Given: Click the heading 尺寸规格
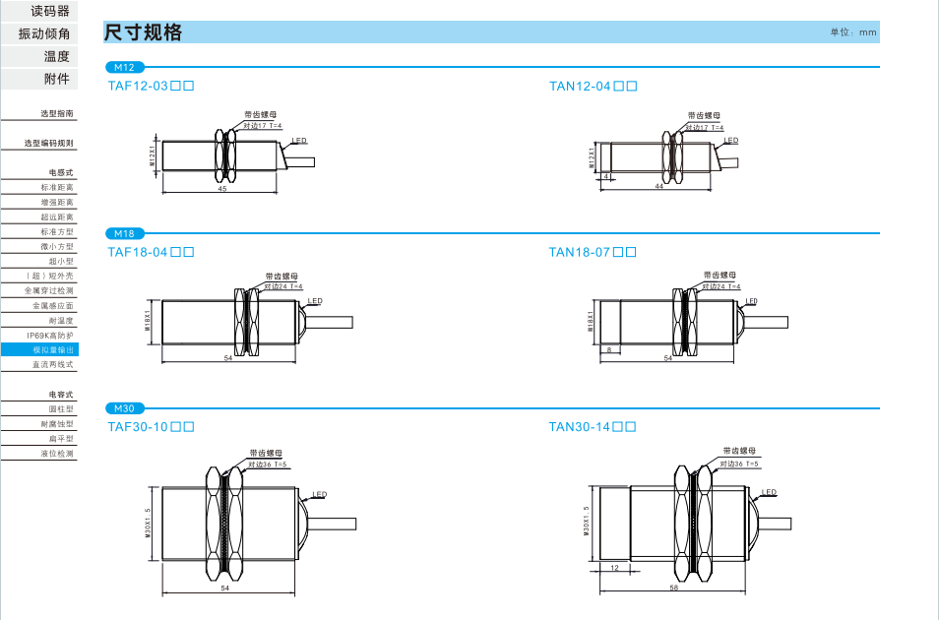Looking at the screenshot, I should [144, 32].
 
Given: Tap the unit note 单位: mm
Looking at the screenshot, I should [852, 32].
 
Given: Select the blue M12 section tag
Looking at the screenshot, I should [124, 67].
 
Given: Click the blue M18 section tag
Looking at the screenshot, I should [124, 233].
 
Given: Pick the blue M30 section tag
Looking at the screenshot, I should [124, 408].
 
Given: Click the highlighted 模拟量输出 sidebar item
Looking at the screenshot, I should [53, 349].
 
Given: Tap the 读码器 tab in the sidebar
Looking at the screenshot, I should [50, 11].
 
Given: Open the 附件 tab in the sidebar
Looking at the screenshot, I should [56, 79].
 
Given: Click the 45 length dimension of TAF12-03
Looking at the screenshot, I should [222, 188].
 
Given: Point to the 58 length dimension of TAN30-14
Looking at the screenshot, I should [673, 587].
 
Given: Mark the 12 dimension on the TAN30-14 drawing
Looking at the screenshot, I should [614, 569].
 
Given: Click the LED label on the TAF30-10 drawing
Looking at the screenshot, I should [320, 494].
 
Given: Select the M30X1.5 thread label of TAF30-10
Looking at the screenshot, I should [148, 523].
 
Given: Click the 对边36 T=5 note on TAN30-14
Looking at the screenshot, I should [738, 463].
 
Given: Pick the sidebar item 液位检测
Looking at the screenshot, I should [56, 454].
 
